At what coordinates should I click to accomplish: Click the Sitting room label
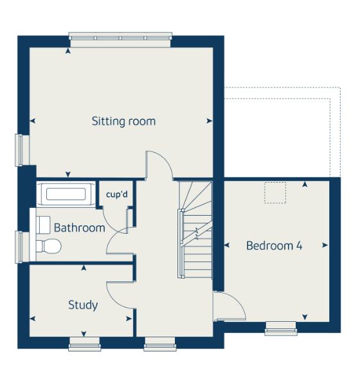[123, 122]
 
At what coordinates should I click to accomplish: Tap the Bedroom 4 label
[274, 245]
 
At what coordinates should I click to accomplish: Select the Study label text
[83, 305]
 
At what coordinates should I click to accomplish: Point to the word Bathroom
[79, 228]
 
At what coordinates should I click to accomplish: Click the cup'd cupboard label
[117, 194]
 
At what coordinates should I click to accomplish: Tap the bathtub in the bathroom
[66, 194]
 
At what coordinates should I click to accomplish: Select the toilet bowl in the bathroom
[49, 247]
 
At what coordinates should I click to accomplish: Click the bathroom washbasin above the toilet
[43, 225]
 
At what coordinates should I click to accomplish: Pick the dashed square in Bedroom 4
[275, 192]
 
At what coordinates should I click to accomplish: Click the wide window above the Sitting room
[120, 37]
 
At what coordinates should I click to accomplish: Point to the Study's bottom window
[85, 344]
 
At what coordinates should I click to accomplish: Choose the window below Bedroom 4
[281, 328]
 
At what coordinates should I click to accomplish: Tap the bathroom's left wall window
[19, 247]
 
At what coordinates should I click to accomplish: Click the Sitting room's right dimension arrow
[209, 121]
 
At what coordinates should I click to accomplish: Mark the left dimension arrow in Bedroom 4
[227, 245]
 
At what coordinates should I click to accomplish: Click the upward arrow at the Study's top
[84, 268]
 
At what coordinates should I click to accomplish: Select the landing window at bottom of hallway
[160, 344]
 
